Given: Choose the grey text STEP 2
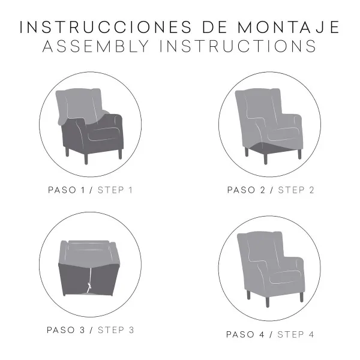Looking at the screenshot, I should pyautogui.click(x=296, y=190).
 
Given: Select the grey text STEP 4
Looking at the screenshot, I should pyautogui.click(x=296, y=334).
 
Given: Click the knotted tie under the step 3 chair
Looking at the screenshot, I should pyautogui.click(x=90, y=287).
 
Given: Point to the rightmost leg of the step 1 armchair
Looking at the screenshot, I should pyautogui.click(x=120, y=153).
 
